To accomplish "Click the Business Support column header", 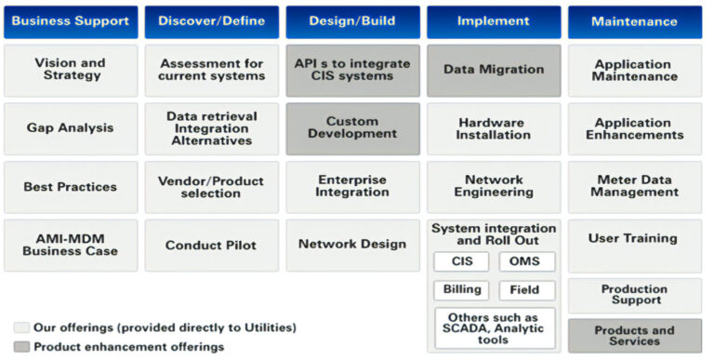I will click(70, 21).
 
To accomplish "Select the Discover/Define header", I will click(211, 21).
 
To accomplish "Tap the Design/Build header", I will click(352, 21).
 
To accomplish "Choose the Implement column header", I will click(494, 21).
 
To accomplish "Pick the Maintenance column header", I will click(635, 21).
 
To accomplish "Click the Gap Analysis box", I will click(70, 128).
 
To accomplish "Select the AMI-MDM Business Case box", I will click(70, 245).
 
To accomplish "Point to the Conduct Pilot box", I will click(211, 245).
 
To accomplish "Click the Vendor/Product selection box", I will click(211, 186).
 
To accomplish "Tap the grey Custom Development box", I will click(352, 128).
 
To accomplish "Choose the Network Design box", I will click(352, 245).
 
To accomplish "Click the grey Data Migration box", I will click(494, 70).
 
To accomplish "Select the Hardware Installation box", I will click(494, 128).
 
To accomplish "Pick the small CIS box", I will click(461, 261).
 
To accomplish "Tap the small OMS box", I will click(525, 261).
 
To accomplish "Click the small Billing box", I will click(461, 289).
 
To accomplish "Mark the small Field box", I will click(525, 289).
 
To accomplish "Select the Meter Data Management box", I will click(635, 186).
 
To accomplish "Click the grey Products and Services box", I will click(635, 336).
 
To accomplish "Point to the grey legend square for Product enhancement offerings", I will click(21, 347).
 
